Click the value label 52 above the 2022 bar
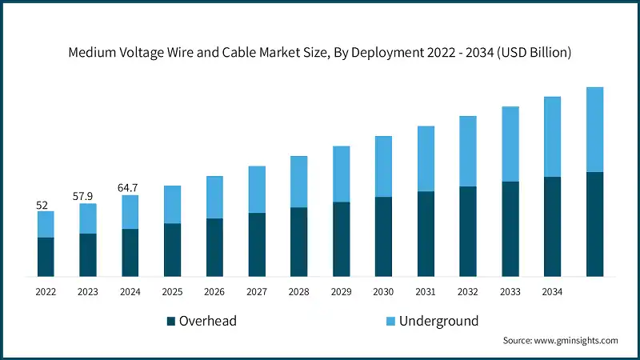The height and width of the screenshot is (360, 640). pyautogui.click(x=42, y=206)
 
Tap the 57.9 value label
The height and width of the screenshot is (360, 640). pyautogui.click(x=88, y=196)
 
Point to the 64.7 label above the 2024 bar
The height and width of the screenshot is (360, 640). pyautogui.click(x=130, y=188)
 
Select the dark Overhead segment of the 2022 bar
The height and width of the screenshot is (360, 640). pyautogui.click(x=46, y=257)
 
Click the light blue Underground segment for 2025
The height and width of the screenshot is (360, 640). pyautogui.click(x=173, y=205)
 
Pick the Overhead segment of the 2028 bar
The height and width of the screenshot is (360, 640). pyautogui.click(x=299, y=242)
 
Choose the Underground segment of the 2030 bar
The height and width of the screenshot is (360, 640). pyautogui.click(x=384, y=166)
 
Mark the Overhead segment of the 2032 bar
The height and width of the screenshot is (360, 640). pyautogui.click(x=468, y=231)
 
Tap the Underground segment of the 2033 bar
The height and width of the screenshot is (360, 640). pyautogui.click(x=510, y=144)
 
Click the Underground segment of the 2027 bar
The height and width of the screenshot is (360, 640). pyautogui.click(x=257, y=190)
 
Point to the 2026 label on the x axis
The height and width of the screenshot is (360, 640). pyautogui.click(x=214, y=293)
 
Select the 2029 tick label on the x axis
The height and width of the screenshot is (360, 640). pyautogui.click(x=341, y=293)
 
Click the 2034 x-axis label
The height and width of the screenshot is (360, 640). pyautogui.click(x=552, y=293)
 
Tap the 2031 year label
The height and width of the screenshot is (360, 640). pyautogui.click(x=426, y=293)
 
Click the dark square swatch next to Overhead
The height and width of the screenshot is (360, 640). pyautogui.click(x=170, y=322)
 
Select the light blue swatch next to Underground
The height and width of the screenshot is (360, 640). pyautogui.click(x=390, y=322)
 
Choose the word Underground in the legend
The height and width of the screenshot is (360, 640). pyautogui.click(x=438, y=322)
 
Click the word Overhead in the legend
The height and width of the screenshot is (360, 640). pyautogui.click(x=208, y=322)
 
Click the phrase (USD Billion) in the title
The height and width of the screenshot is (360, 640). pyautogui.click(x=530, y=54)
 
